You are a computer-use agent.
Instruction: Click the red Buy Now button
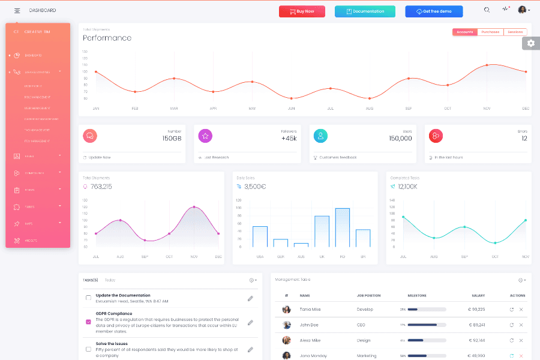pyautogui.click(x=302, y=11)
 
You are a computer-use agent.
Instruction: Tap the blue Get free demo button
pyautogui.click(x=434, y=11)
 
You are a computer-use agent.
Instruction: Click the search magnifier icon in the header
pyautogui.click(x=487, y=10)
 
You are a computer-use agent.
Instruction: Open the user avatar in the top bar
pyautogui.click(x=522, y=10)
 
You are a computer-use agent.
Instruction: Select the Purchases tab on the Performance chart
pyautogui.click(x=490, y=32)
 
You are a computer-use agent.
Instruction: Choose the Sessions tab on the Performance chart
pyautogui.click(x=515, y=32)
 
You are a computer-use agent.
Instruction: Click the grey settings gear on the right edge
pyautogui.click(x=530, y=43)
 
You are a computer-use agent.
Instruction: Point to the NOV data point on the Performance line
pyautogui.click(x=487, y=65)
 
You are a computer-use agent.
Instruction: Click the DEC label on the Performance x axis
pyautogui.click(x=526, y=109)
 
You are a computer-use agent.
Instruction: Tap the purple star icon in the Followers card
pyautogui.click(x=205, y=136)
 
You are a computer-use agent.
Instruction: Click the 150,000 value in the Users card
pyautogui.click(x=400, y=139)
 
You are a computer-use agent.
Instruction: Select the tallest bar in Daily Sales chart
pyautogui.click(x=343, y=227)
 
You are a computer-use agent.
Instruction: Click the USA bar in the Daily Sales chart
pyautogui.click(x=260, y=236)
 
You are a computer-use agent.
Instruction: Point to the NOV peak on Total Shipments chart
pyautogui.click(x=194, y=208)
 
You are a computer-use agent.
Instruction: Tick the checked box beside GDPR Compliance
pyautogui.click(x=89, y=322)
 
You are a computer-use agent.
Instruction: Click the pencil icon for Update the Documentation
pyautogui.click(x=250, y=298)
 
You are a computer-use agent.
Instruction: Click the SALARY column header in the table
pyautogui.click(x=478, y=296)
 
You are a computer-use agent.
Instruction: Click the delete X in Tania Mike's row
pyautogui.click(x=521, y=310)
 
